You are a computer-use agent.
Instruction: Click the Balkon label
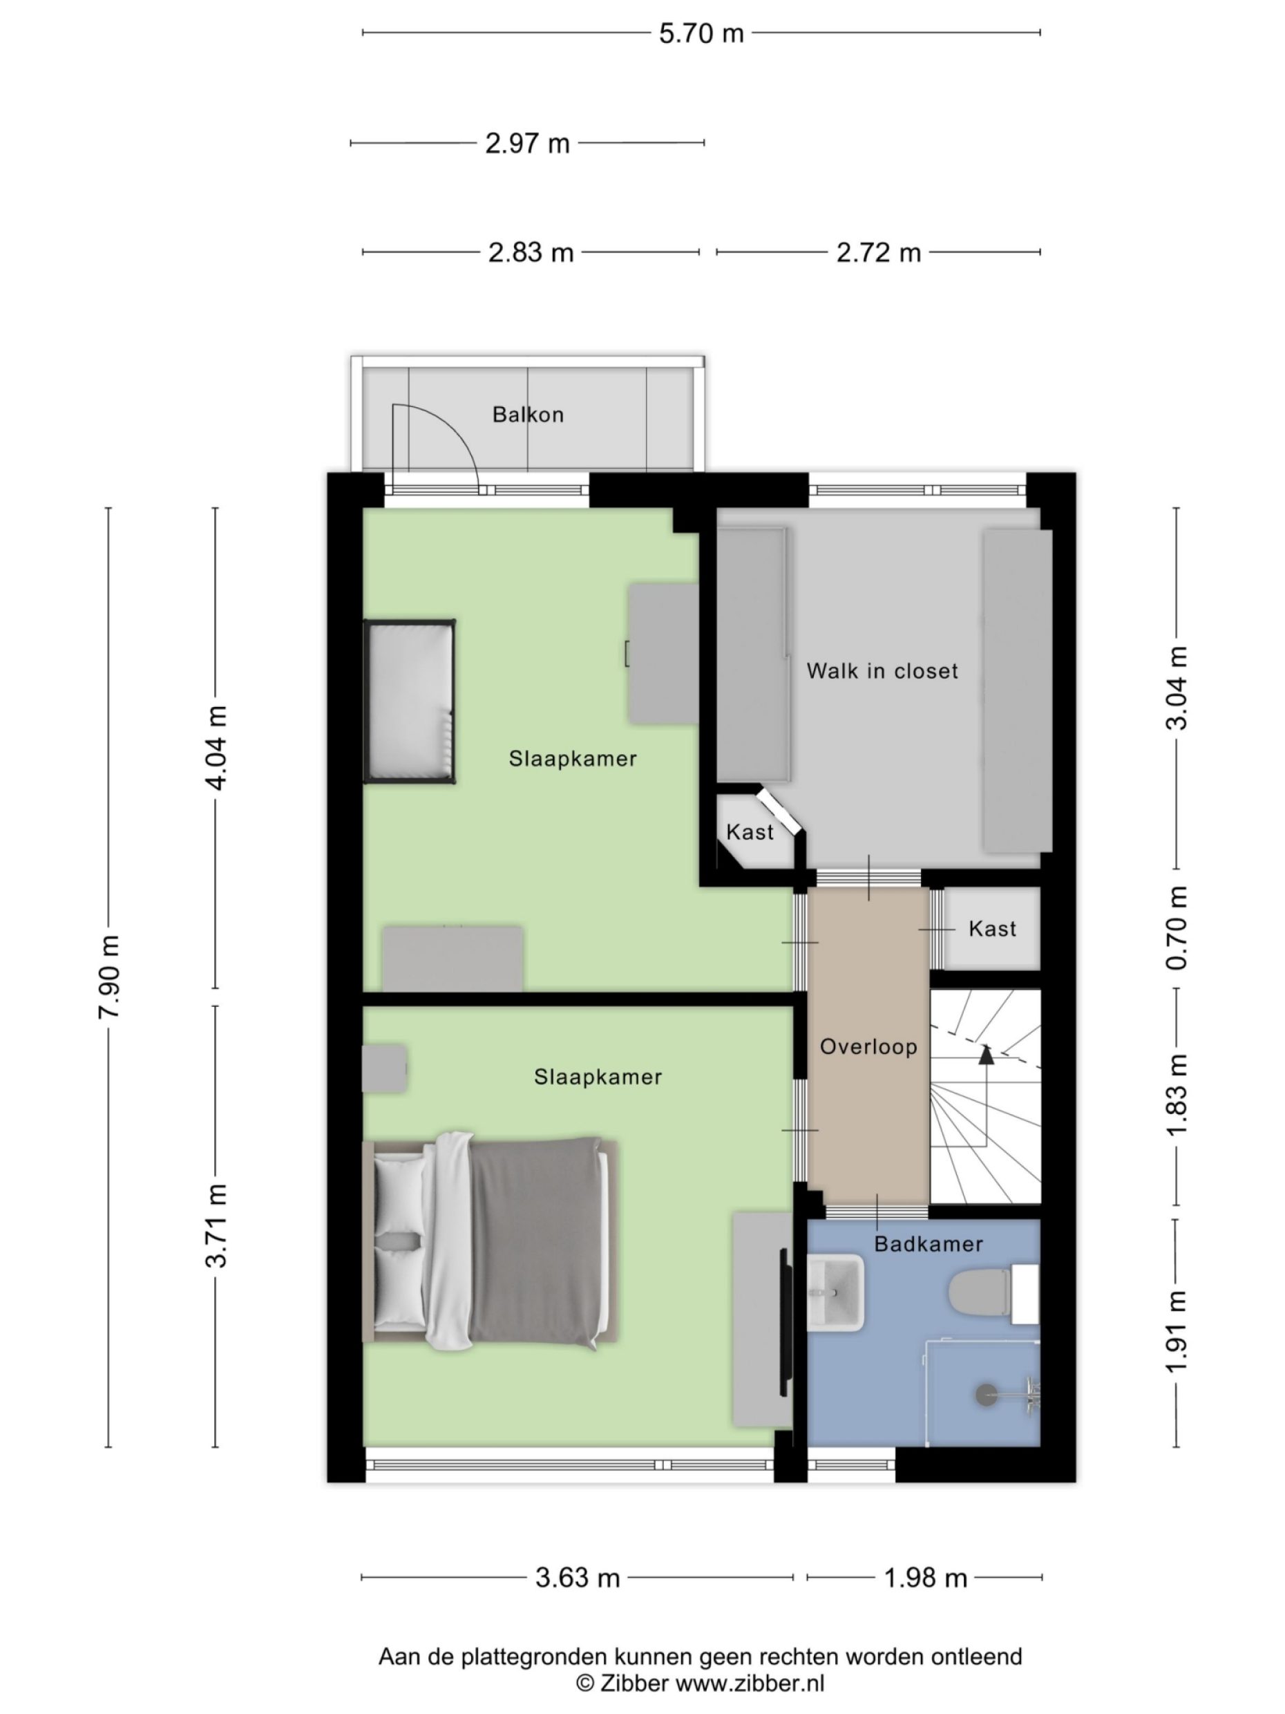tap(528, 415)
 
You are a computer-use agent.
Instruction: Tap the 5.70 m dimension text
tap(701, 33)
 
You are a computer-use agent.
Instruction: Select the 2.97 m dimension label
tap(526, 143)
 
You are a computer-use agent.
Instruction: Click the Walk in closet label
tap(882, 670)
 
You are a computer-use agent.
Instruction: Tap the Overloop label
tap(868, 1047)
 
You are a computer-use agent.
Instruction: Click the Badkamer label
tap(928, 1243)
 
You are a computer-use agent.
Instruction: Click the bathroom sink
tap(836, 1292)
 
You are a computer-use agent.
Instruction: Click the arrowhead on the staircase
tap(985, 1054)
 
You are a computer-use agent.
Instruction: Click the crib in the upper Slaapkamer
tap(409, 701)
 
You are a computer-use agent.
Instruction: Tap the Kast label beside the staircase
tap(991, 928)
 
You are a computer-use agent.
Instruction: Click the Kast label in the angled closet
tap(749, 832)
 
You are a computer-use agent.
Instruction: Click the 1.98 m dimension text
tap(926, 1579)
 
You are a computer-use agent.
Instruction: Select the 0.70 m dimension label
tap(1177, 927)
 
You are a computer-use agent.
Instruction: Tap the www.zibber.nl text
tap(750, 1682)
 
